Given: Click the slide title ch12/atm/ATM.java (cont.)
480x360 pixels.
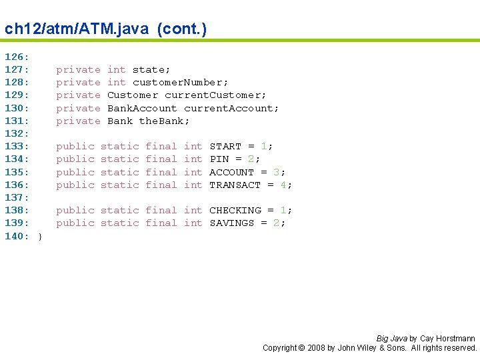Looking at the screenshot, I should pyautogui.click(x=105, y=29).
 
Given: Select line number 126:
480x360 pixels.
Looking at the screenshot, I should pyautogui.click(x=17, y=57).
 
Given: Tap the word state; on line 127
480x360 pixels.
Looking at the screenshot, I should pyautogui.click(x=151, y=69).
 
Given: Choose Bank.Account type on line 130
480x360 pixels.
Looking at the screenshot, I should pyautogui.click(x=142, y=108).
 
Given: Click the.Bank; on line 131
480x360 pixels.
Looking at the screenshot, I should pyautogui.click(x=165, y=121).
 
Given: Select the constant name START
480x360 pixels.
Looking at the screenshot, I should pyautogui.click(x=225, y=146).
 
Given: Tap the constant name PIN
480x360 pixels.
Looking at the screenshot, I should pyautogui.click(x=219, y=159).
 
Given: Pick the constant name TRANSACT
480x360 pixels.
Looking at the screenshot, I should pyautogui.click(x=235, y=185).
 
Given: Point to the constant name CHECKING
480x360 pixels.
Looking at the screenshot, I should pyautogui.click(x=235, y=210).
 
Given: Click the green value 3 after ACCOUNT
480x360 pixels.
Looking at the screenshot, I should pyautogui.click(x=277, y=172).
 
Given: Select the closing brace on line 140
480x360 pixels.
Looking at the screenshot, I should pyautogui.click(x=39, y=236).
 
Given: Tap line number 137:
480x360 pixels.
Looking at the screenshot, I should pyautogui.click(x=17, y=197).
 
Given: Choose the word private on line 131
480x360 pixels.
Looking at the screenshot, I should pyautogui.click(x=78, y=121).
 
